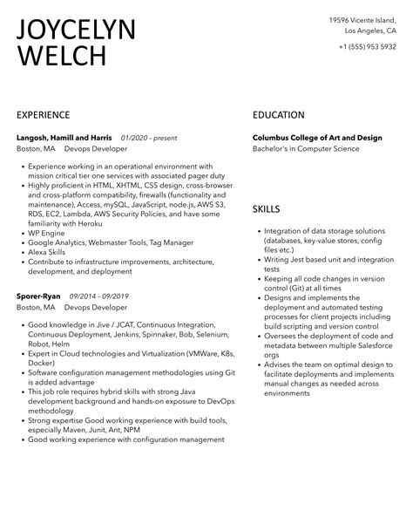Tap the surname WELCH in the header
(x=61, y=58)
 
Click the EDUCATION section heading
(x=279, y=115)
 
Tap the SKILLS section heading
(x=267, y=209)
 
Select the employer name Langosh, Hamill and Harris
(x=64, y=138)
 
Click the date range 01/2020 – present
(x=149, y=138)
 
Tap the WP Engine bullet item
(x=47, y=233)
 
